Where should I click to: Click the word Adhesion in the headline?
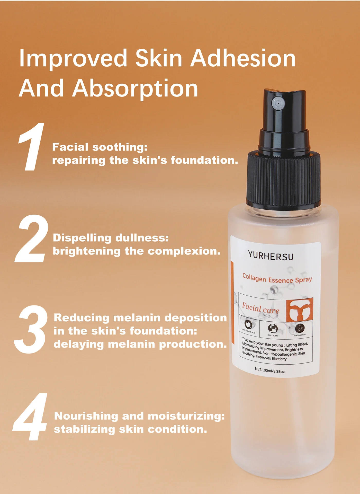click(243, 58)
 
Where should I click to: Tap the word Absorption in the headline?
click(135, 88)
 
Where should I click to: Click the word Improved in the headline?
click(73, 59)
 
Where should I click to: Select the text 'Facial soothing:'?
click(100, 147)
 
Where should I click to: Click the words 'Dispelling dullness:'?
click(111, 238)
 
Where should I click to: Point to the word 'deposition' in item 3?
click(195, 318)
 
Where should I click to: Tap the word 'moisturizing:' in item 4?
click(186, 416)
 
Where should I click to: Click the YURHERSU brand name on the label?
click(271, 256)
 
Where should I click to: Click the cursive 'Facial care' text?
click(260, 308)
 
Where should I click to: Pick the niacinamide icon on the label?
click(300, 328)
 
